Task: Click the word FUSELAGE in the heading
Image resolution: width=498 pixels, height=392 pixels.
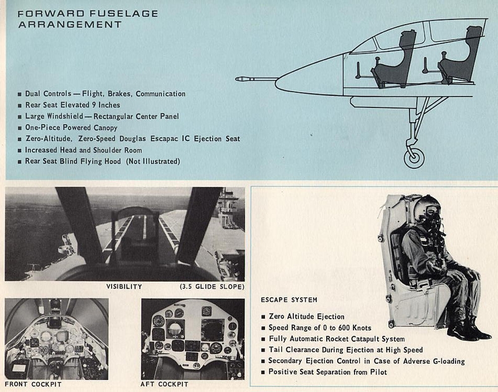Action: click(x=124, y=13)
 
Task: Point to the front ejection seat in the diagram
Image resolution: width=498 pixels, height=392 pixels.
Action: click(x=393, y=61)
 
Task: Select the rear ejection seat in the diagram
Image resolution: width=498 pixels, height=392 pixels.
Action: click(x=460, y=56)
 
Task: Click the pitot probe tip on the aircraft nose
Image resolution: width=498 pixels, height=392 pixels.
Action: click(x=238, y=79)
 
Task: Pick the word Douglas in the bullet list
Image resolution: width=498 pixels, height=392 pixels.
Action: click(x=132, y=139)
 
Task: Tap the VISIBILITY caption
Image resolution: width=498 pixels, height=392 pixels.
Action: click(x=124, y=286)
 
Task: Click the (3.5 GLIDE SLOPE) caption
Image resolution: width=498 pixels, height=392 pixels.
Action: click(x=212, y=286)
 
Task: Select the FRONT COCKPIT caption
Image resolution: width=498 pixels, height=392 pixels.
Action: click(x=33, y=384)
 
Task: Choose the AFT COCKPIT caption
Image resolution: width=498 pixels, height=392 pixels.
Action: click(x=164, y=384)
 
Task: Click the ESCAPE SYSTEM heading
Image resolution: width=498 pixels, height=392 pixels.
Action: click(x=289, y=300)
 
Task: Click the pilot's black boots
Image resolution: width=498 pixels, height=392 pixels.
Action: click(x=467, y=329)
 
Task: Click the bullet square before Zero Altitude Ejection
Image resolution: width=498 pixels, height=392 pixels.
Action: click(x=263, y=317)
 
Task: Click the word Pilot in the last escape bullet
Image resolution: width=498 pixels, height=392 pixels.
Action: click(x=378, y=372)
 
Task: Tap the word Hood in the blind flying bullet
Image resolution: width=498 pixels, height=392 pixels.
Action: click(x=113, y=161)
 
